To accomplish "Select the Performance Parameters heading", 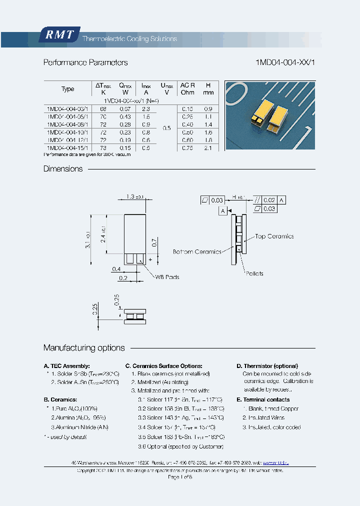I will tap(85, 62).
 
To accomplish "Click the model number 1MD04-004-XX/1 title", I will tap(285, 62).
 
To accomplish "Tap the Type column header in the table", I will tap(67, 89).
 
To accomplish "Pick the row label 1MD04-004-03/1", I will tap(67, 108).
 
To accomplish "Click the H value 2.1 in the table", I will tap(208, 148).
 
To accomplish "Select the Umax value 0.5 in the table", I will tap(167, 128).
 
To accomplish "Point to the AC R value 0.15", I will tap(187, 108).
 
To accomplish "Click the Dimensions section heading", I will tap(63, 169).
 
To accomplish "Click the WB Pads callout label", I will tap(167, 276).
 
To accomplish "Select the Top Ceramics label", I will tap(274, 236).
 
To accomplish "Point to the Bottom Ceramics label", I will tap(197, 251).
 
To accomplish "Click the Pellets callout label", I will tap(254, 273).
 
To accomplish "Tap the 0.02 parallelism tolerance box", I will tap(269, 200).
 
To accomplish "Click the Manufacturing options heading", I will tap(84, 347).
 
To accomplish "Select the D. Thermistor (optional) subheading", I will tap(267, 366).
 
